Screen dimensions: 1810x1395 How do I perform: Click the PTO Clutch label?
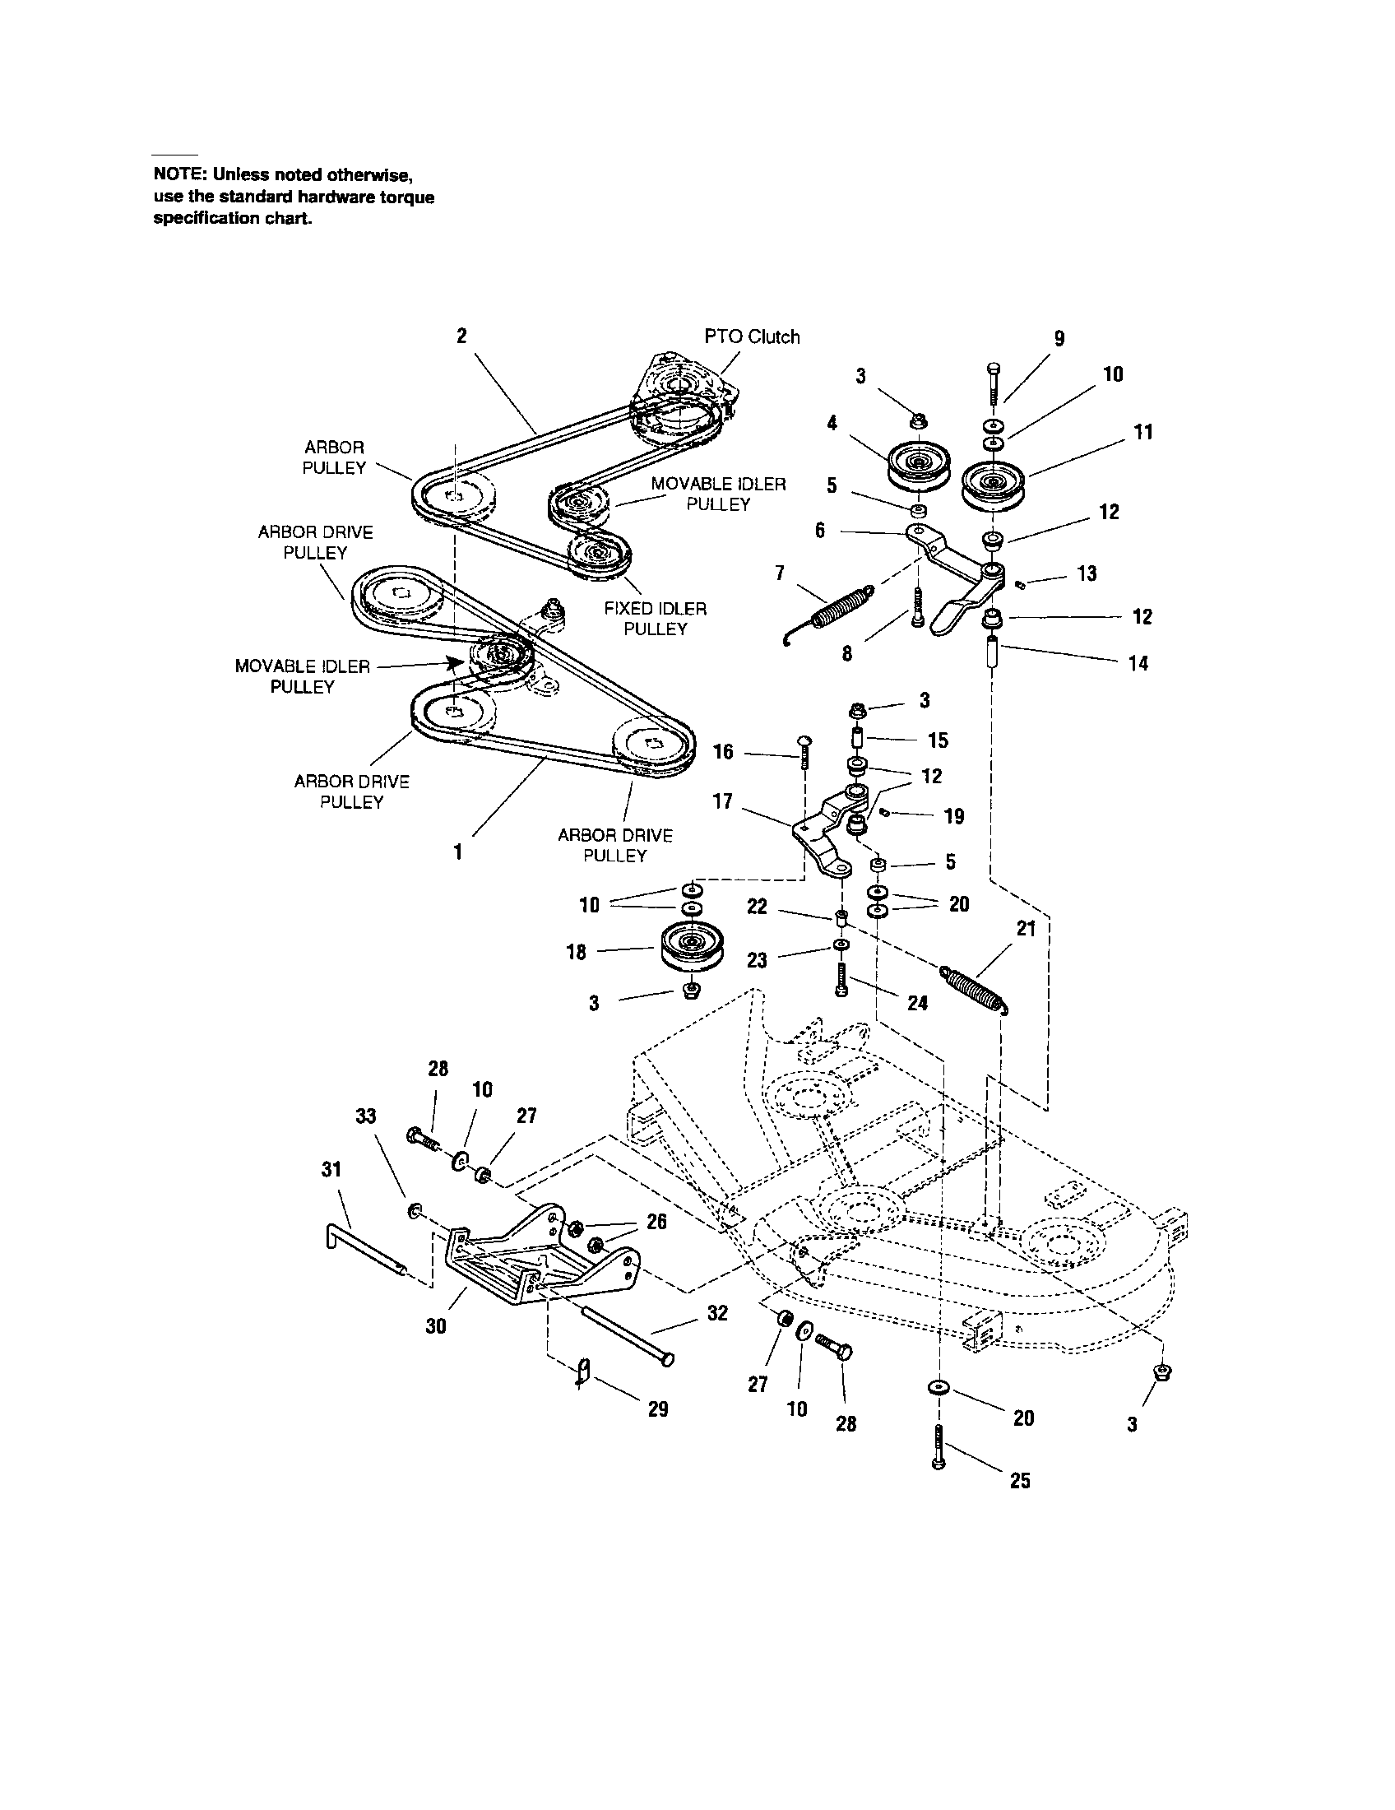pyautogui.click(x=751, y=337)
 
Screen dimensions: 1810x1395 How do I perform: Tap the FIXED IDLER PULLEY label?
pyautogui.click(x=656, y=619)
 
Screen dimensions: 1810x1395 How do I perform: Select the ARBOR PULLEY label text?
pyautogui.click(x=334, y=457)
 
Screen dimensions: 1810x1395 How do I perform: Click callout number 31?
pyautogui.click(x=331, y=1169)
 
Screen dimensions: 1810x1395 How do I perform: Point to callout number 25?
pyautogui.click(x=1021, y=1480)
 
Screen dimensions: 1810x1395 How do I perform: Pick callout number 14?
pyautogui.click(x=1138, y=663)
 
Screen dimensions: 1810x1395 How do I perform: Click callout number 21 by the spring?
pyautogui.click(x=1027, y=929)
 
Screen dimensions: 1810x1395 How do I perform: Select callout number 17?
pyautogui.click(x=722, y=801)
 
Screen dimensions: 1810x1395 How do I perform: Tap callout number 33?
pyautogui.click(x=365, y=1116)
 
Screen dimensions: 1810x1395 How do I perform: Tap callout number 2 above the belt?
pyautogui.click(x=461, y=336)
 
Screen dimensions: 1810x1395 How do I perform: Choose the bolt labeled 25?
pyautogui.click(x=938, y=1446)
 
